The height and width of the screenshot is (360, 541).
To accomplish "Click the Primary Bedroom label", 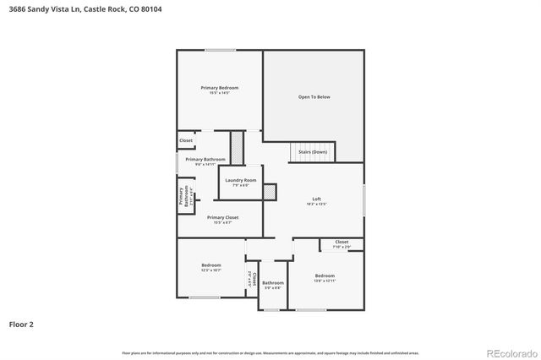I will pos(219,89).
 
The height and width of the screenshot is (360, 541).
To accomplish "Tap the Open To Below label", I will pos(314,97).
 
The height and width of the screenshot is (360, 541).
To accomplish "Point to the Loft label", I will pos(316,199).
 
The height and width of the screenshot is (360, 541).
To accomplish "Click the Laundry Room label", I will pos(240,181).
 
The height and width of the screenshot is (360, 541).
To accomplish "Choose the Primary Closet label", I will pos(222,218).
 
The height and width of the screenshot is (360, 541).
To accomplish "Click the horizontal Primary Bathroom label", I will pos(205,160).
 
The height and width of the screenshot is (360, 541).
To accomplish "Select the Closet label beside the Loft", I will pos(342,243).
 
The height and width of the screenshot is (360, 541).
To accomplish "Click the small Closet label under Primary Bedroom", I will pos(186,140).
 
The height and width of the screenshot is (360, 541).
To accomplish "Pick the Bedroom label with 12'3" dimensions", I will pos(210,266).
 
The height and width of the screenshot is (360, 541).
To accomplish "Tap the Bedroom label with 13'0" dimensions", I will pos(325,276).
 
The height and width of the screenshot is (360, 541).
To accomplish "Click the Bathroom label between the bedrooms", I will pos(272,284).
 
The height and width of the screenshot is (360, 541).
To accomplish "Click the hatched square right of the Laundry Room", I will pos(270,193).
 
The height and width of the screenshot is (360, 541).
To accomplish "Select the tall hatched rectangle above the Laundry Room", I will pos(238,148).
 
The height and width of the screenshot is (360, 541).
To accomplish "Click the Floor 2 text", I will pos(21,324).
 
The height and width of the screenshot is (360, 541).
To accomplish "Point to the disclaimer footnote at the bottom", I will pos(270,352).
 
